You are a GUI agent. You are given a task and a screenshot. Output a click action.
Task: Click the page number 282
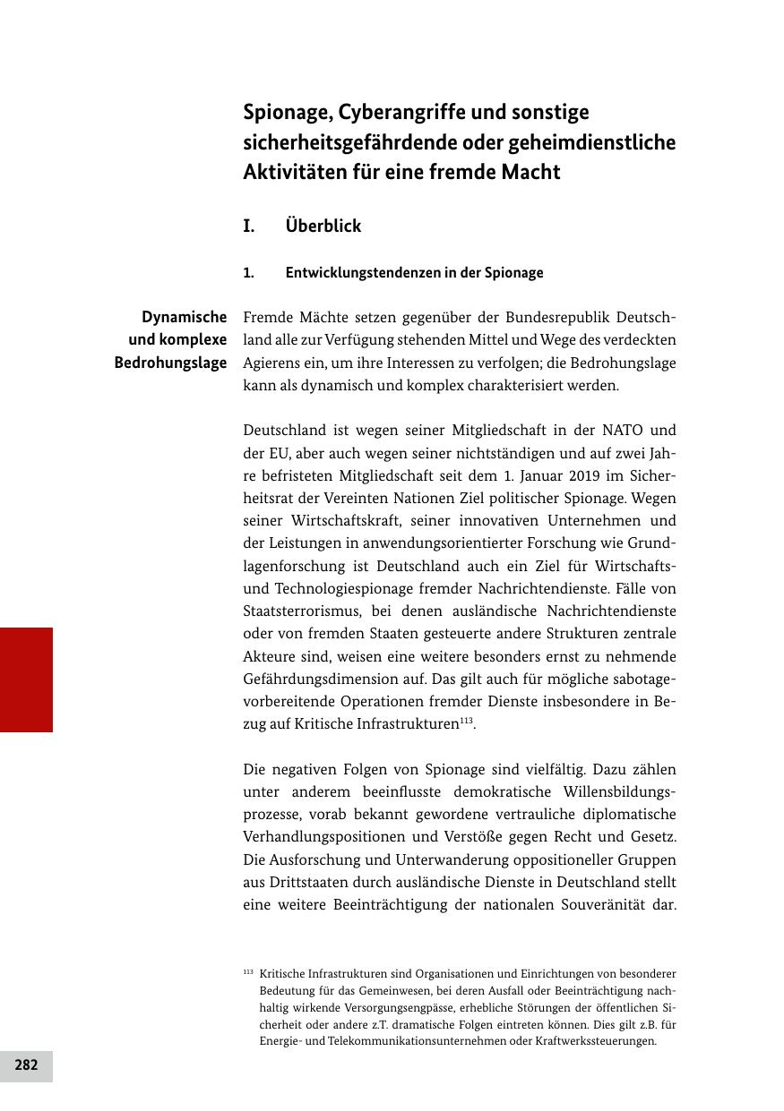(26, 1065)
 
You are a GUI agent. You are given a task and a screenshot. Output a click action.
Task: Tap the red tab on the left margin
(26, 679)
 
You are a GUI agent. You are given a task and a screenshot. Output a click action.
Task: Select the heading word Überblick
(323, 226)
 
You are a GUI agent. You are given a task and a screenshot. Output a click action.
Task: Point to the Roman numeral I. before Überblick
(249, 226)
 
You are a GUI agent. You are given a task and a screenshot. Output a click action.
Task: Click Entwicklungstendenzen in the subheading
(357, 272)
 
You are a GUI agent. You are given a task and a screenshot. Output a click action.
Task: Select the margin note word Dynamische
(185, 317)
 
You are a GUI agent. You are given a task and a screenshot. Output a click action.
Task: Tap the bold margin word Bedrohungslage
(170, 363)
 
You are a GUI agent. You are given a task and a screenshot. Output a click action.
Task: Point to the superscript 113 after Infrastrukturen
(466, 721)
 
